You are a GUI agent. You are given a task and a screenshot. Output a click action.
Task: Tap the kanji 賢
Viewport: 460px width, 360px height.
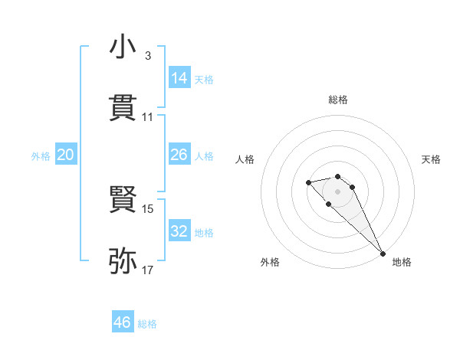click(x=123, y=200)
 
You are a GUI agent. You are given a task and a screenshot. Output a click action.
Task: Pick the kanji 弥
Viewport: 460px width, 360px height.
click(x=123, y=260)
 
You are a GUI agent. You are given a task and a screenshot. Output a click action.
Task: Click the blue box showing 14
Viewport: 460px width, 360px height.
click(x=179, y=78)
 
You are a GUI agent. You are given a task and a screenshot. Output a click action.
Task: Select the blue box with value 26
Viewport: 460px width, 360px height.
click(x=179, y=155)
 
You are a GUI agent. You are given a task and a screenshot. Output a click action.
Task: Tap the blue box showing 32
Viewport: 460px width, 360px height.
click(x=179, y=231)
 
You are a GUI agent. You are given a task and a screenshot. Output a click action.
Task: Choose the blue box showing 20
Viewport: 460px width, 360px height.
click(x=65, y=155)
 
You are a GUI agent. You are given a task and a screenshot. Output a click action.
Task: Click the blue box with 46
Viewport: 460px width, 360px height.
click(x=123, y=322)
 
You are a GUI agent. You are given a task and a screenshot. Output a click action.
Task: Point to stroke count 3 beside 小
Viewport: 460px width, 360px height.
click(x=147, y=56)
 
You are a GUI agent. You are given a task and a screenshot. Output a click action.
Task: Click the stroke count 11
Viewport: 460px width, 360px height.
click(x=147, y=117)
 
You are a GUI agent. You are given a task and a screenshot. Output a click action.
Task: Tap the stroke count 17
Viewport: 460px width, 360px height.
click(x=147, y=270)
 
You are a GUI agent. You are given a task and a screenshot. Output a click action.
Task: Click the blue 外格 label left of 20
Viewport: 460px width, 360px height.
click(x=41, y=156)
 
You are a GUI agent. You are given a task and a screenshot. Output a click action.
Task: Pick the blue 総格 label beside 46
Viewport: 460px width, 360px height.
click(x=147, y=324)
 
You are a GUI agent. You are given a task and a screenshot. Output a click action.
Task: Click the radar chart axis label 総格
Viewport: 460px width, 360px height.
click(x=338, y=100)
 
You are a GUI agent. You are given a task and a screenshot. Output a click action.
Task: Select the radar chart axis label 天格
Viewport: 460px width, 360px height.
click(x=431, y=159)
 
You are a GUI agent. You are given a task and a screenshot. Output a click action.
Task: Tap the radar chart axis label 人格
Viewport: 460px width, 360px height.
click(x=245, y=159)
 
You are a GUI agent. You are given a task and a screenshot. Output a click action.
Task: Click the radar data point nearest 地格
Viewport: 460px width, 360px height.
click(x=383, y=254)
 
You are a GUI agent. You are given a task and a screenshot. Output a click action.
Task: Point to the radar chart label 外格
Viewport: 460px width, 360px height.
click(x=270, y=262)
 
